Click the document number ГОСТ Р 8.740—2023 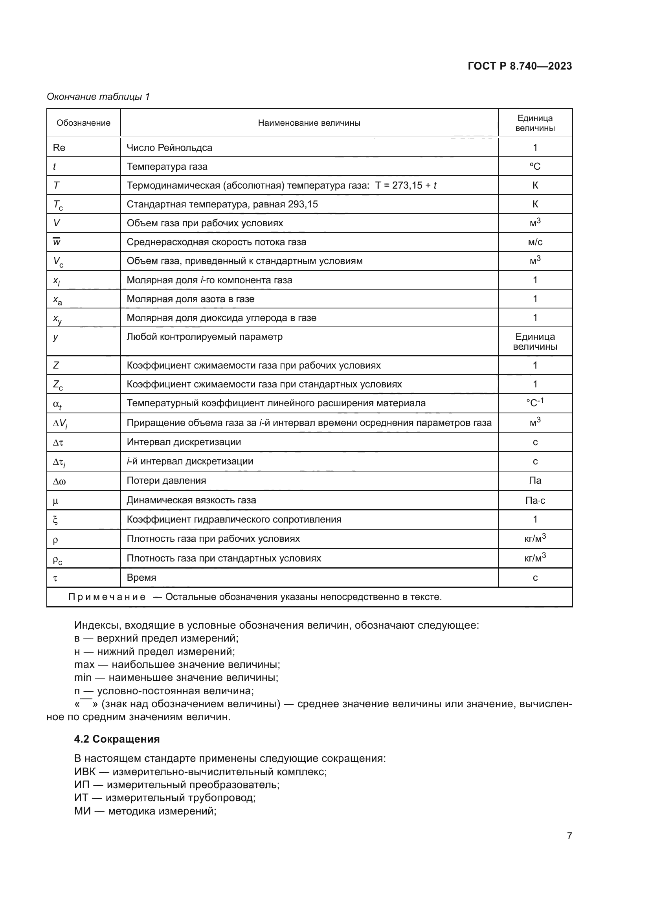(520, 66)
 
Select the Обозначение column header (83, 123)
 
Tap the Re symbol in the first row (59, 148)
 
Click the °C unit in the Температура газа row (535, 167)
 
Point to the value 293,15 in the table (303, 204)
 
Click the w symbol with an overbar (57, 242)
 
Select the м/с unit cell (535, 242)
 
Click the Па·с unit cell (535, 500)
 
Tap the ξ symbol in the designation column (55, 520)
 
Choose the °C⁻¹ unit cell (535, 403)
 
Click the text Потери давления (166, 481)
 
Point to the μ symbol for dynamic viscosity (55, 501)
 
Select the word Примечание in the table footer (107, 597)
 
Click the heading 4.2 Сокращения (117, 739)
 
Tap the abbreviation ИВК (84, 772)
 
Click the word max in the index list (84, 665)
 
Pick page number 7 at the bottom (569, 836)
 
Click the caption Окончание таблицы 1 (98, 97)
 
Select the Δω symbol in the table (59, 482)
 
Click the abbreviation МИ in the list (83, 811)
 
